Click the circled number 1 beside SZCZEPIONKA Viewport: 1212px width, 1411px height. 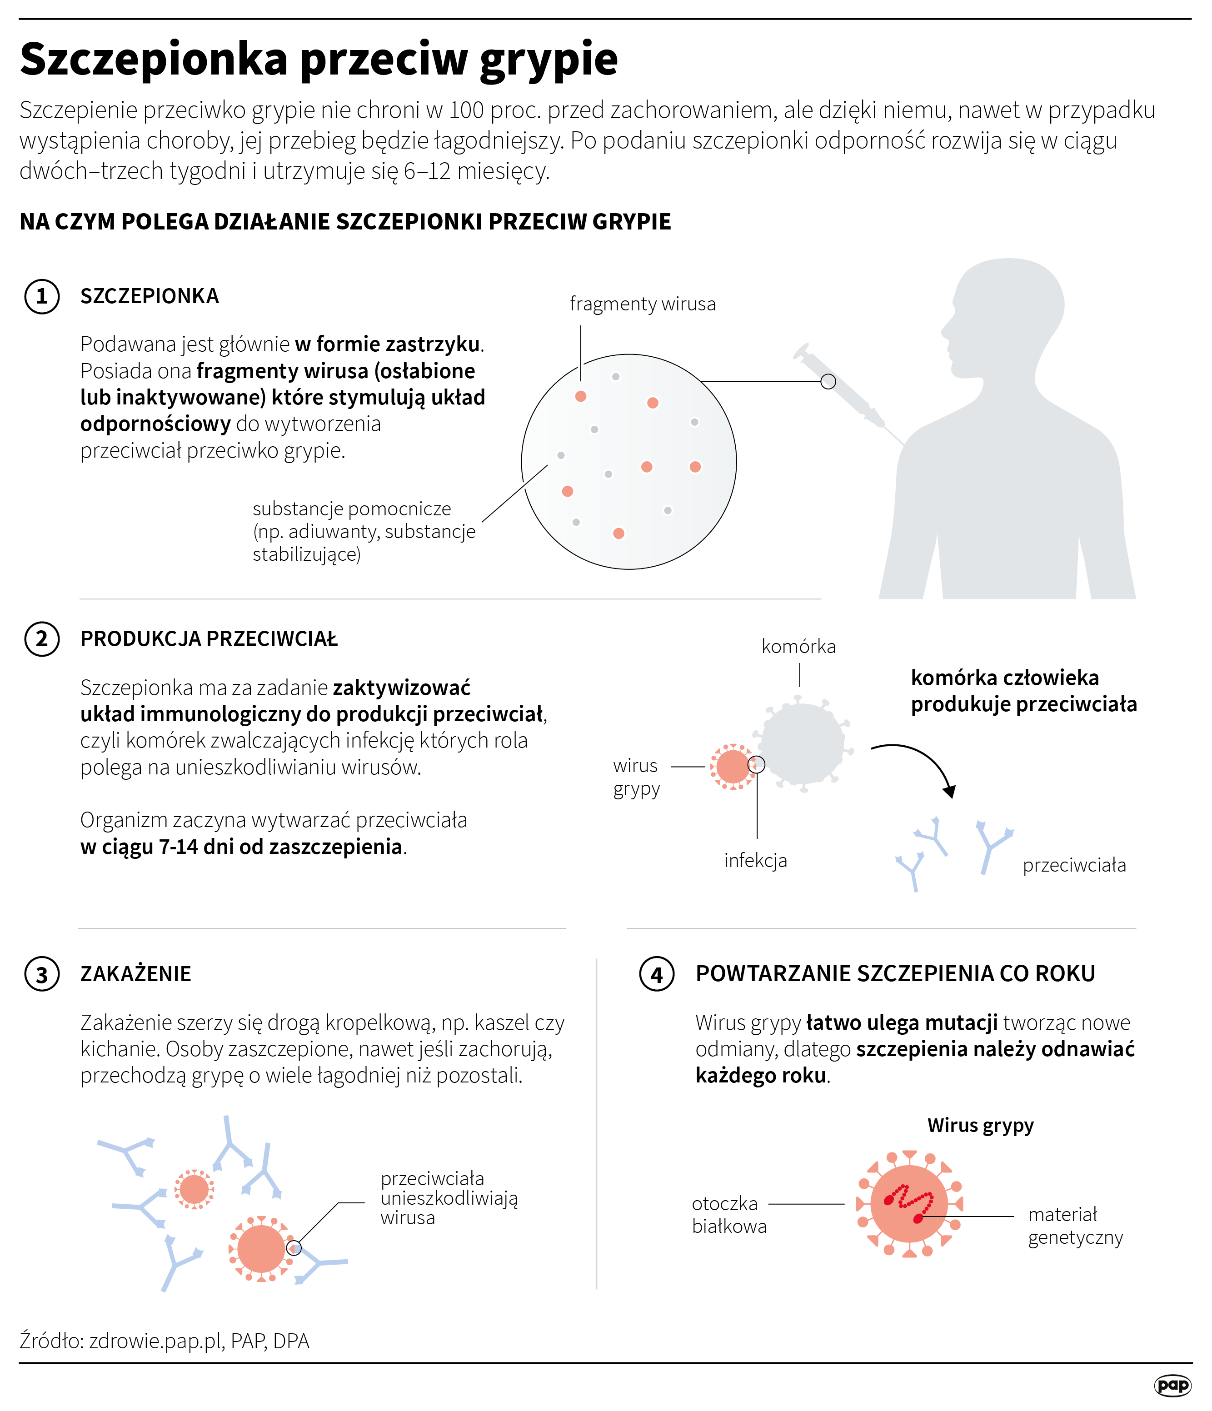(x=41, y=296)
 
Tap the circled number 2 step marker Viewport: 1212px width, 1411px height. (x=41, y=639)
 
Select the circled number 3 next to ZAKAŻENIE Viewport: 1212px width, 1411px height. (x=41, y=974)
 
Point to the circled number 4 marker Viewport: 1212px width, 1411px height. (x=656, y=974)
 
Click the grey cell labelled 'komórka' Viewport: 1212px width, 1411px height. (x=803, y=743)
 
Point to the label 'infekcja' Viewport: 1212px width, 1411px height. (x=755, y=860)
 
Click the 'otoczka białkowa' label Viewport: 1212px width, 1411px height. (x=728, y=1215)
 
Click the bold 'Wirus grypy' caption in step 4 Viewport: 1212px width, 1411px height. (x=981, y=1126)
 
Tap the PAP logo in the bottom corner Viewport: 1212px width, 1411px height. (x=1172, y=1385)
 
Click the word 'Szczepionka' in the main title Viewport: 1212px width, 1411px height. (x=154, y=60)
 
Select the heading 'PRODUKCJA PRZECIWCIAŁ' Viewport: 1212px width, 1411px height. (x=209, y=639)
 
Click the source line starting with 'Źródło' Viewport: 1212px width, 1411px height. (x=164, y=1341)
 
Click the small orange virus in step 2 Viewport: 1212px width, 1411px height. (x=733, y=767)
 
